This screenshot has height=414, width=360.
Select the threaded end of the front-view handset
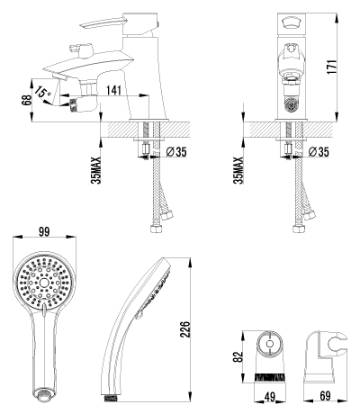[x=42, y=393]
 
